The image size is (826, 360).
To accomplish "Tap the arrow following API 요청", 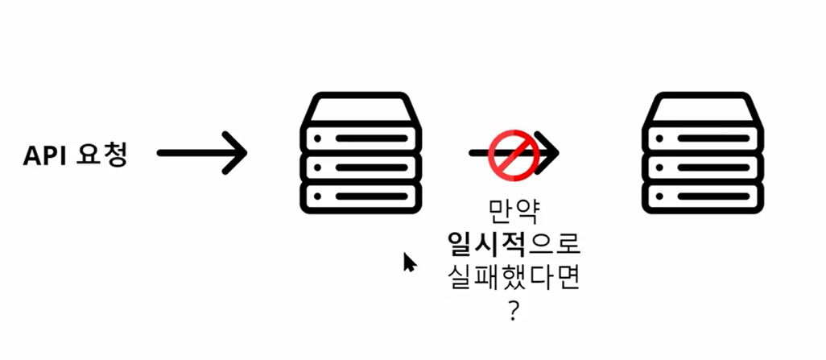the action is [x=201, y=151].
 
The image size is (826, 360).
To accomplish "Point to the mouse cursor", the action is [x=409, y=262].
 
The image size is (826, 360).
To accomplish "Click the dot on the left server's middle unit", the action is [x=319, y=168].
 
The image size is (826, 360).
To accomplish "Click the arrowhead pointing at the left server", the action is [x=235, y=151].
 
